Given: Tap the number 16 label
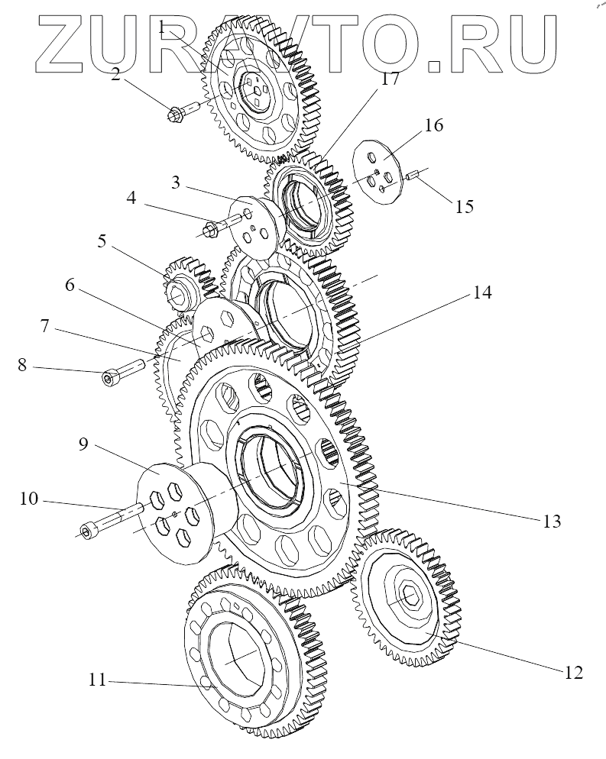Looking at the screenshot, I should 433,126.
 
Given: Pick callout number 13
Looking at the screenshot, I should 552,522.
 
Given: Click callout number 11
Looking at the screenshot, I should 96,678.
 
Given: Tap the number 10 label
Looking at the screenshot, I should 29,500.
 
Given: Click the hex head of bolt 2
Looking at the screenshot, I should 173,115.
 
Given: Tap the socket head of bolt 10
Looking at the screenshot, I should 87,529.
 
